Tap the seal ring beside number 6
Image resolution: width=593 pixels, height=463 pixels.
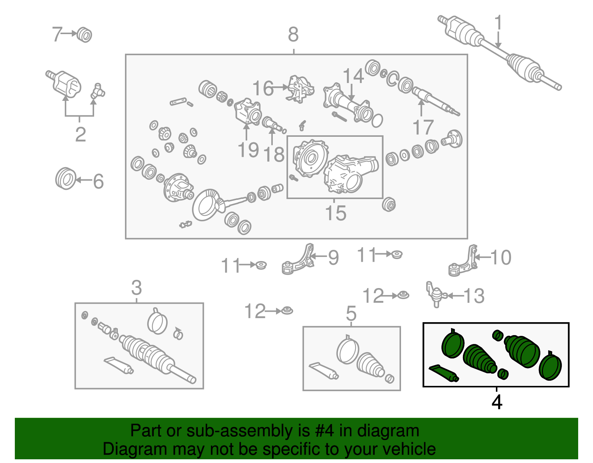point(66,178)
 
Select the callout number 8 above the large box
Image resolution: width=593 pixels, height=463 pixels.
point(294,34)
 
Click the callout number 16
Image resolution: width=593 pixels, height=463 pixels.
point(263,88)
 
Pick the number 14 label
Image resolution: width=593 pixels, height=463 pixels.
point(354,76)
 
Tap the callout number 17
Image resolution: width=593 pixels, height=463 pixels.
point(423,127)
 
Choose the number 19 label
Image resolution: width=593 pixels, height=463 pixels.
point(248,150)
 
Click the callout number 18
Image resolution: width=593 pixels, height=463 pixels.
point(274,154)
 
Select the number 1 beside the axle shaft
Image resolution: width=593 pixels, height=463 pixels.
point(498,22)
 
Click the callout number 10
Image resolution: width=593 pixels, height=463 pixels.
point(501,257)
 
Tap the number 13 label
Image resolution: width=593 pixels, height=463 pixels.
point(474,296)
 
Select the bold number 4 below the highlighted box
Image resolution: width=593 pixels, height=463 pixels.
point(497,402)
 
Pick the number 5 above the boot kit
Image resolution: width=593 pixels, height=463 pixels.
point(351,313)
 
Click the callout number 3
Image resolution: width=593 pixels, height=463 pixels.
point(136,287)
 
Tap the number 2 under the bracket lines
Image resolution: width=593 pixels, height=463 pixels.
point(80,134)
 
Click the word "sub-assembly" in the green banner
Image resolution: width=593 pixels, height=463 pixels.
point(248,431)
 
